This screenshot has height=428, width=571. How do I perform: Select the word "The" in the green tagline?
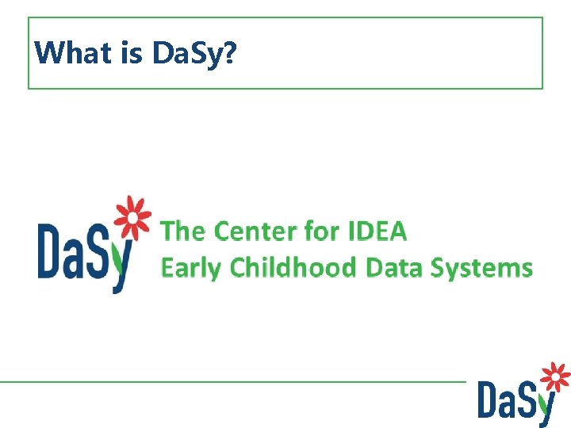[x=183, y=231]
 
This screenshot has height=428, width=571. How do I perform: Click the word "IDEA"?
[x=377, y=231]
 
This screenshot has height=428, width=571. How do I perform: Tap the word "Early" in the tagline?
[x=191, y=268]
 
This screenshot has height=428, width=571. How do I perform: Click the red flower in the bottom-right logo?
[x=556, y=377]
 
